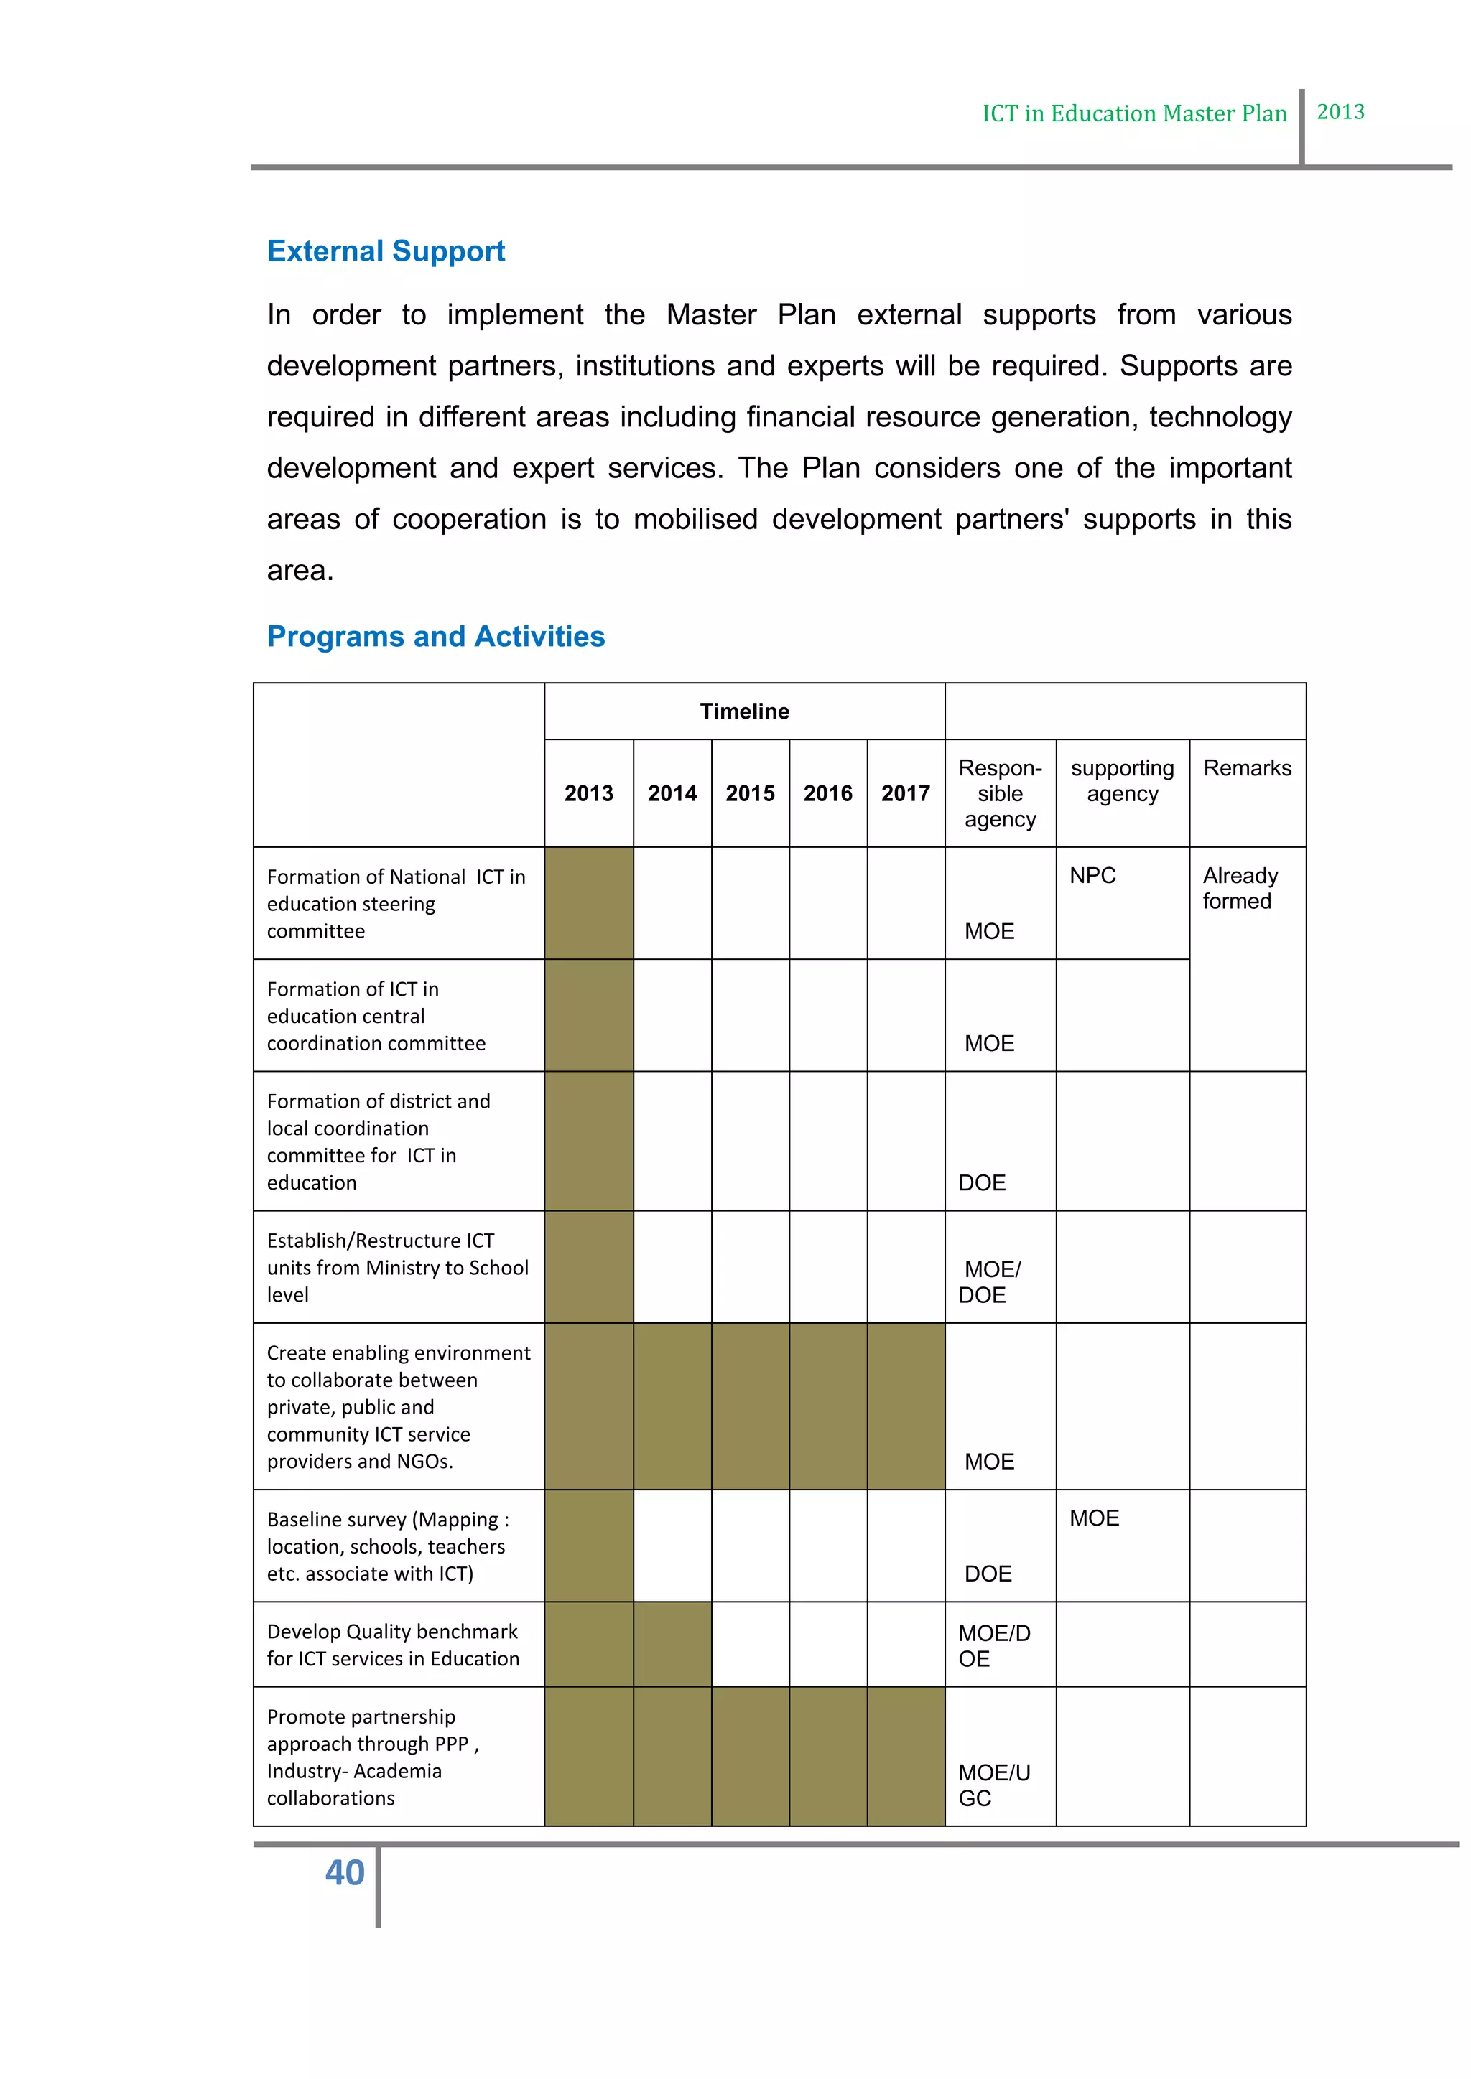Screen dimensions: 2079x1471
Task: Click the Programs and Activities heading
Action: click(436, 637)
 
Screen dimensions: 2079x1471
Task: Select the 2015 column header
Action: click(750, 793)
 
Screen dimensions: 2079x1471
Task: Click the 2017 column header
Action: click(905, 793)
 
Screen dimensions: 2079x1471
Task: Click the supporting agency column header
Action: click(1121, 780)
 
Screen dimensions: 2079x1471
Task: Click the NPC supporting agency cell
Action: click(1092, 876)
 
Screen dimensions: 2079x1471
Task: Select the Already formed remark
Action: click(1239, 888)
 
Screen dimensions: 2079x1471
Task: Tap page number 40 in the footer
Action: click(344, 1872)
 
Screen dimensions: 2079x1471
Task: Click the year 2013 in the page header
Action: click(1340, 112)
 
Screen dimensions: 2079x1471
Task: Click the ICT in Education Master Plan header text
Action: click(1134, 113)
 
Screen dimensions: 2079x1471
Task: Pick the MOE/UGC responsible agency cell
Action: click(993, 1785)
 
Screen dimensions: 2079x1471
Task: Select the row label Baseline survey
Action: click(388, 1546)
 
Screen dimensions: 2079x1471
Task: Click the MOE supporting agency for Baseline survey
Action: click(1094, 1518)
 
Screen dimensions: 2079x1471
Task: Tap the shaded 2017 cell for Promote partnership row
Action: click(905, 1756)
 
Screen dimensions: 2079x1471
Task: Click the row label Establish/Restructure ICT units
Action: click(396, 1267)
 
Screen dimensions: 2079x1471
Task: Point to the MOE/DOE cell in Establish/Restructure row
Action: click(990, 1281)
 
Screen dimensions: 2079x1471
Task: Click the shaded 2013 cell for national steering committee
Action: click(589, 903)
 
